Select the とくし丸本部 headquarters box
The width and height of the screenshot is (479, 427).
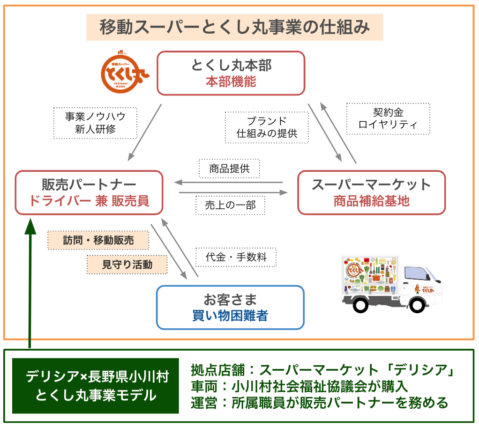click(231, 74)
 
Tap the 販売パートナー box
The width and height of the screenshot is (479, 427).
click(89, 192)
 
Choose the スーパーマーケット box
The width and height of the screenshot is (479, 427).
click(371, 192)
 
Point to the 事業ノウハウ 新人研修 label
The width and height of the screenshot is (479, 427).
click(95, 123)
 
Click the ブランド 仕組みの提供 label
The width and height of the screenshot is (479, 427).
click(267, 127)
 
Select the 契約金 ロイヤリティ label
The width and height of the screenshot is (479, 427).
click(388, 119)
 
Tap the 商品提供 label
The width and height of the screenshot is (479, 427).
click(229, 169)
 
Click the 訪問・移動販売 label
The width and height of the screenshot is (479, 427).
click(98, 240)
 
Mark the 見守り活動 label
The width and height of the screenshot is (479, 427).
click(127, 265)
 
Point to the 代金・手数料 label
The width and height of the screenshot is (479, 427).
click(236, 257)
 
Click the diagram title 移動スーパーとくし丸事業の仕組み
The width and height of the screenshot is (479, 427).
click(234, 27)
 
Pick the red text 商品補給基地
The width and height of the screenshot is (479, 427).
click(371, 201)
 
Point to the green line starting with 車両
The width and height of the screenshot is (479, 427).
click(300, 386)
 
